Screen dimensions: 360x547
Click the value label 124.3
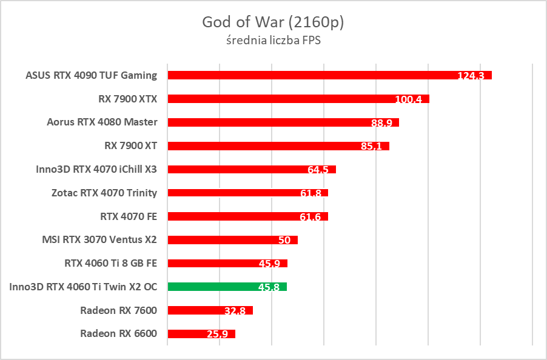coord(471,76)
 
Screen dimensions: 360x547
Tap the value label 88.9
coord(381,123)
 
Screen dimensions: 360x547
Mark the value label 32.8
coord(235,311)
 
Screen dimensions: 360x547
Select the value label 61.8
coord(310,193)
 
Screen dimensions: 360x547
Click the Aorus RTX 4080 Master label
coord(102,122)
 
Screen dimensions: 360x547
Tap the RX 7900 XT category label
coord(130,145)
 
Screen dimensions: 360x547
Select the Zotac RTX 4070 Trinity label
coord(104,193)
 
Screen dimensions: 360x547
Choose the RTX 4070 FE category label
coord(128,216)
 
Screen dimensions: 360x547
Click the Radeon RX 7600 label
coord(118,310)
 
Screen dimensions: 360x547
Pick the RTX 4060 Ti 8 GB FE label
coord(110,263)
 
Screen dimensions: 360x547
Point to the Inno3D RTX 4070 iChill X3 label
coord(96,169)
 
